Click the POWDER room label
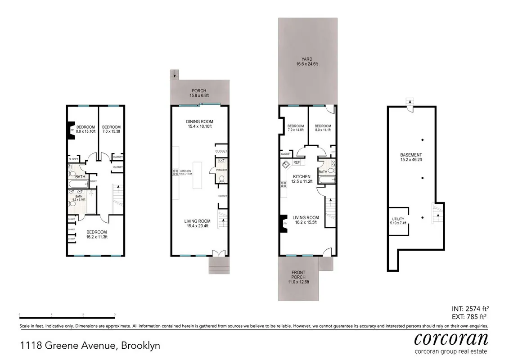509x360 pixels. tap(221, 170)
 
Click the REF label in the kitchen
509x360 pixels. tap(297, 162)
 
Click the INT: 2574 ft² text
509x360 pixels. tap(470, 309)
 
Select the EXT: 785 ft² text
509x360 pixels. tap(470, 316)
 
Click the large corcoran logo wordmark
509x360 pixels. tap(450, 337)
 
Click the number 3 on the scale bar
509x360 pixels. tap(115, 314)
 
